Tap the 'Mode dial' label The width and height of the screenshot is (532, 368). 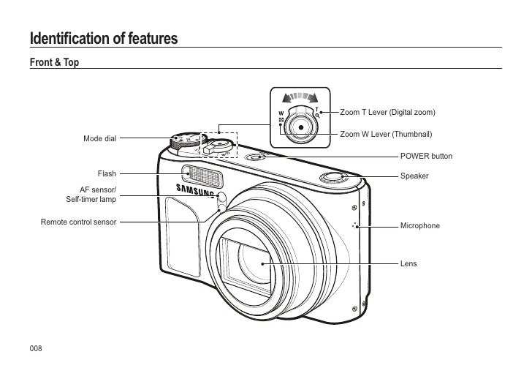tap(99, 138)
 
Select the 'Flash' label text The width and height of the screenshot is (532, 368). tap(107, 174)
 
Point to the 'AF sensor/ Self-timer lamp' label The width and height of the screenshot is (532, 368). tap(91, 195)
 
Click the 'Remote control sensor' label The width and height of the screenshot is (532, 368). tap(79, 221)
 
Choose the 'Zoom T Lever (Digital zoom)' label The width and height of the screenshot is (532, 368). tap(388, 113)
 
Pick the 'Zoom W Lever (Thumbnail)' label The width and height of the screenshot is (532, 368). tap(387, 135)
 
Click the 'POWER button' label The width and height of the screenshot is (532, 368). tap(426, 157)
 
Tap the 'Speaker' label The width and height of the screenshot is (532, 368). tap(414, 176)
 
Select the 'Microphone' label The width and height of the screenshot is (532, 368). tap(419, 225)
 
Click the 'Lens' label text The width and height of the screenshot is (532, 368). tap(408, 262)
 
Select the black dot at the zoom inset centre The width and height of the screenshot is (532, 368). tap(300, 126)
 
